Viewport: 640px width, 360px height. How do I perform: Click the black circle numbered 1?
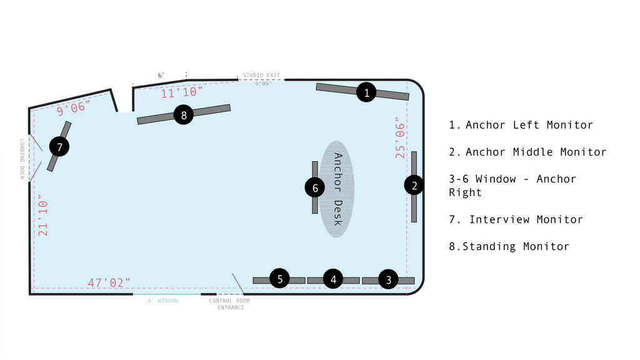coord(366,92)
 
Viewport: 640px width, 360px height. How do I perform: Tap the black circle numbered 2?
coord(414,185)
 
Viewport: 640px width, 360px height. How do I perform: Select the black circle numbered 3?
coord(388,279)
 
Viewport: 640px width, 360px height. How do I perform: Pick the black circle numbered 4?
coord(333,279)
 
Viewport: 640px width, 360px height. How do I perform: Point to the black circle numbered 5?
coord(279,278)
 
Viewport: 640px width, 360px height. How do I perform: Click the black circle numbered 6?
coord(315,187)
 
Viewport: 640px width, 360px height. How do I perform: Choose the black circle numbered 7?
coord(59,146)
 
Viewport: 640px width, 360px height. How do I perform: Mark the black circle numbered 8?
coord(184,115)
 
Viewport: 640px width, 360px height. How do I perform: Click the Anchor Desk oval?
coord(337,189)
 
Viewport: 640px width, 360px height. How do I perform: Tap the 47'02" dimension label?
coord(109,282)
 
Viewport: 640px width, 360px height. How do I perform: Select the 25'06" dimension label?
coord(400,138)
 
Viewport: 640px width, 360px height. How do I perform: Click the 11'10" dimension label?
coord(182,92)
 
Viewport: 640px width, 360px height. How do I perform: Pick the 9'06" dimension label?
coord(74,108)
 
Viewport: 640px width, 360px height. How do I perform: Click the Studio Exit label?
coord(262,75)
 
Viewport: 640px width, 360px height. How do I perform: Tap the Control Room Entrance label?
coord(229,304)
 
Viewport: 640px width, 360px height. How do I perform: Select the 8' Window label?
coord(163,301)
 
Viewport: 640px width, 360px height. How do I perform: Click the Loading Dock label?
coord(22,159)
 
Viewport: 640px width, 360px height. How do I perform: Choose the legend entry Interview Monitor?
coord(516,219)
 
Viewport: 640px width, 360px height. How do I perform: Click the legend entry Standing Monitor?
coord(509,246)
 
